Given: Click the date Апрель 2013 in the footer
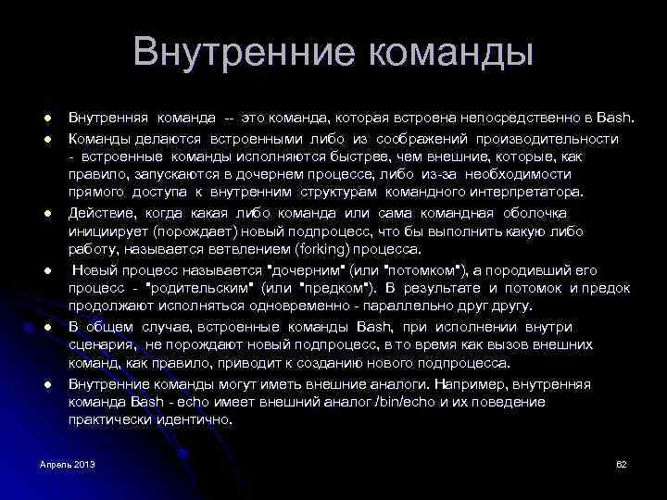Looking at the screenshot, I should coord(68,463).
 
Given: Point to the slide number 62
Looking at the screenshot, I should coord(622,463).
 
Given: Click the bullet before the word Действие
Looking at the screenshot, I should coord(44,214).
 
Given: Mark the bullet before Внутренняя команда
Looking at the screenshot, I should coord(44,119).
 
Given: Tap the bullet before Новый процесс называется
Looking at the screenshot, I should coord(44,271).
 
